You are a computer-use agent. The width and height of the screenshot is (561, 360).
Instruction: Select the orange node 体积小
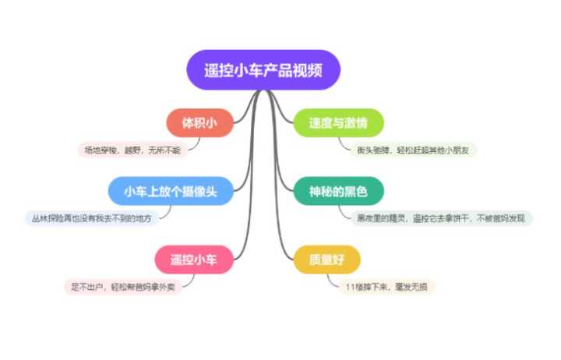(200, 123)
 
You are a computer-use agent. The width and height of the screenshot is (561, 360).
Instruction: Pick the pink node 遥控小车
(194, 259)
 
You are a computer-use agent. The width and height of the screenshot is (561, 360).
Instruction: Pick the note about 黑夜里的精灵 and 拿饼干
(440, 217)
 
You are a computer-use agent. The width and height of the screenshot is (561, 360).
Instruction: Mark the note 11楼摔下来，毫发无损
(386, 287)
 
